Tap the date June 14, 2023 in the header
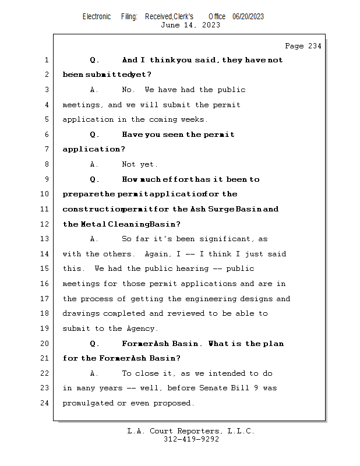[190, 25]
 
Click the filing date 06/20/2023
[248, 16]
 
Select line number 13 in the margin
[46, 239]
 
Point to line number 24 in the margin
[46, 403]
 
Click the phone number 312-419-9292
[191, 440]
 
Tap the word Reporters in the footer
[197, 432]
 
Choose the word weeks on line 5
[194, 119]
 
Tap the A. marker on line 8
[95, 164]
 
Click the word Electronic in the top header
[97, 16]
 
